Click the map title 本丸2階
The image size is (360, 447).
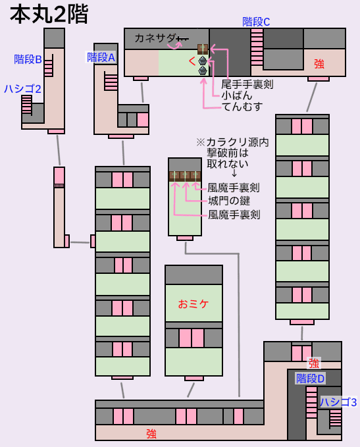(49, 15)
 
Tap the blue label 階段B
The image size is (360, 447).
(28, 59)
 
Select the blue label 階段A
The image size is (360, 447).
(101, 57)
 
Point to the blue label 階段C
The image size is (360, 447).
(256, 22)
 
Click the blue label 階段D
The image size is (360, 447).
(311, 379)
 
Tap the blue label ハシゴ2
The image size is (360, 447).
(22, 89)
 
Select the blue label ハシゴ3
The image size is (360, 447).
(338, 402)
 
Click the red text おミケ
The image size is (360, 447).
(193, 304)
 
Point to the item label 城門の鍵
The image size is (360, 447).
(229, 201)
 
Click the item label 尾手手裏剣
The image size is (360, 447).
(247, 84)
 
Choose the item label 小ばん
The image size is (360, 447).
(236, 95)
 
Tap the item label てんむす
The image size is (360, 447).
(242, 107)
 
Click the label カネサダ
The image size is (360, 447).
(155, 38)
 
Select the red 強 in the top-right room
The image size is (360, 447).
(319, 64)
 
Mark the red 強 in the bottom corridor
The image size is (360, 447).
(151, 434)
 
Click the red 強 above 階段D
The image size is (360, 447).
(314, 363)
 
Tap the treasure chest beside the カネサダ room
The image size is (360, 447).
(203, 49)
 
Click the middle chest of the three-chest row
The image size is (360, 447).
(185, 176)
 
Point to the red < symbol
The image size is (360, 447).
(192, 61)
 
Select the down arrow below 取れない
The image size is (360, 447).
(234, 172)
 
